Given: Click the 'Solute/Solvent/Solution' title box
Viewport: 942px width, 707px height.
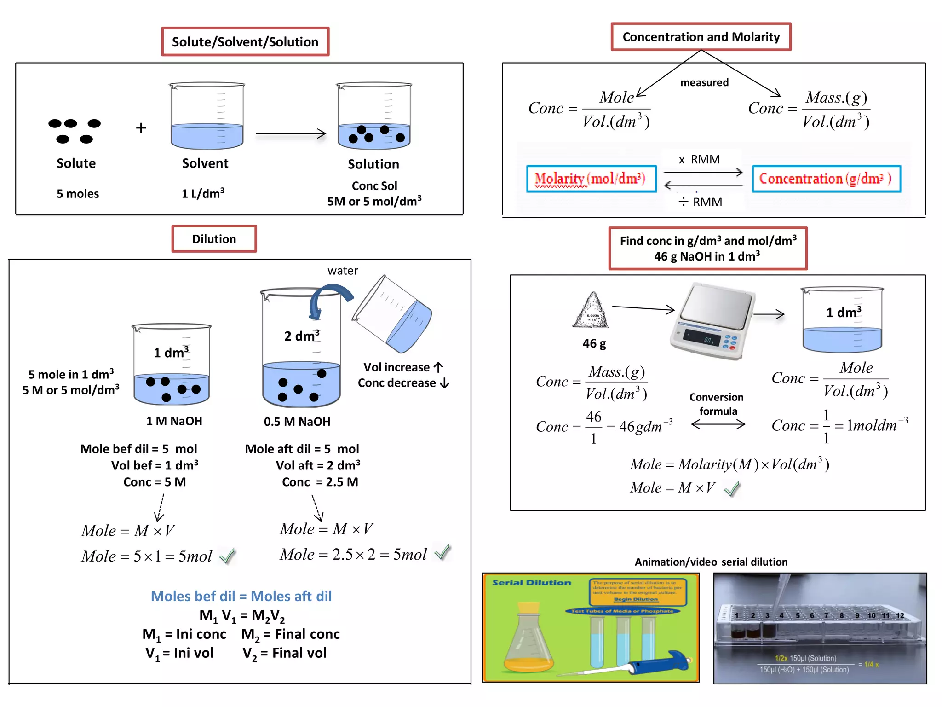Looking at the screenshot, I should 245,42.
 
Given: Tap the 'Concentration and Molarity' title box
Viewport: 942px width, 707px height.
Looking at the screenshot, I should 701,37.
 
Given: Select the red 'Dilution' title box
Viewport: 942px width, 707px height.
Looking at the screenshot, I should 214,239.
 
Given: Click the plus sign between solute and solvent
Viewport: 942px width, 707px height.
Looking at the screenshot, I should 141,128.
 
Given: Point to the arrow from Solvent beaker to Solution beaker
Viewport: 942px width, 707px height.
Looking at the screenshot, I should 291,134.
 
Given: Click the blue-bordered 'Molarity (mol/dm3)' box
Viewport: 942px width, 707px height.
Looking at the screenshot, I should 591,179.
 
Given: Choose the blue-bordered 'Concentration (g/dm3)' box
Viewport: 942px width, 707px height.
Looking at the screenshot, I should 826,179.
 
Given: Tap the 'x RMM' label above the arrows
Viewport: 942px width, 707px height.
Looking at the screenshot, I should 700,160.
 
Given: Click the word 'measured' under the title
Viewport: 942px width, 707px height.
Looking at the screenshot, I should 704,83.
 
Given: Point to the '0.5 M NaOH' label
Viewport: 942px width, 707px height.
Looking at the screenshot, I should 297,422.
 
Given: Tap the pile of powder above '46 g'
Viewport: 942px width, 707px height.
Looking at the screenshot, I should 591,311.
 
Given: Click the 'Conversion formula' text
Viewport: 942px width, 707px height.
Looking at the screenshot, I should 717,404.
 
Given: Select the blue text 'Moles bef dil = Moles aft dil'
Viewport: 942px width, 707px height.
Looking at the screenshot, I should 241,596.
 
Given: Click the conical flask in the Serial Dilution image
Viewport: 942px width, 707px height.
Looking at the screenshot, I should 529,640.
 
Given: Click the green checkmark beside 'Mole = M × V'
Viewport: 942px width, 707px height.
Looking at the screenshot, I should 732,489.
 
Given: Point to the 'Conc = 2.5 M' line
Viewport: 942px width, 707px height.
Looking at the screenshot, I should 320,482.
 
